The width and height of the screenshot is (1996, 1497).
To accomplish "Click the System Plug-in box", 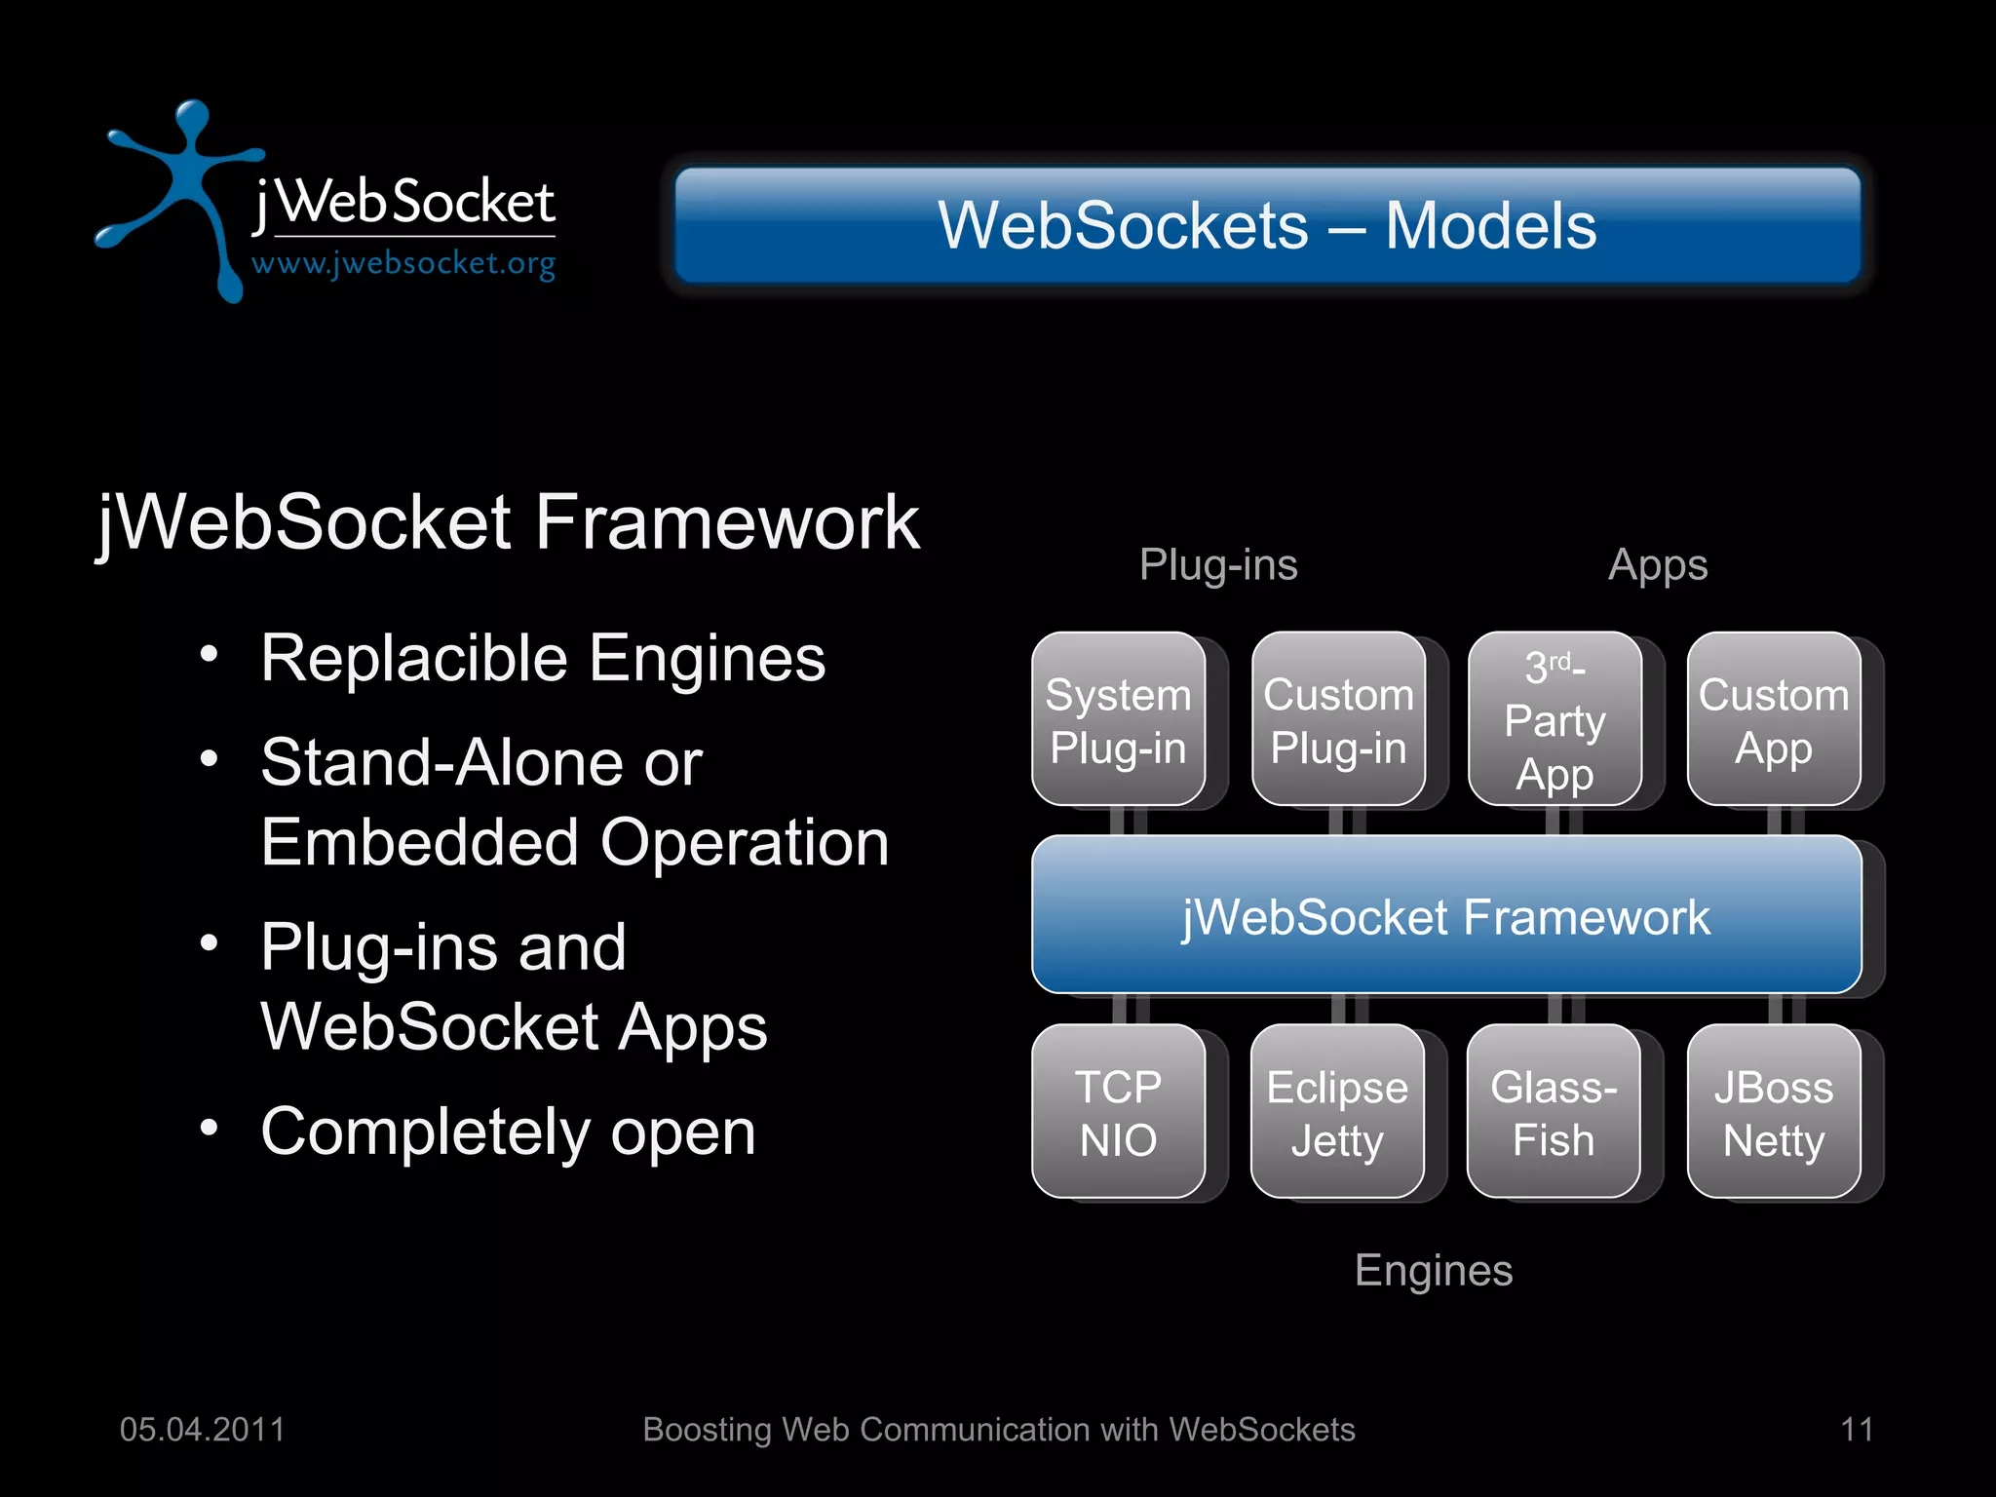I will (x=1118, y=719).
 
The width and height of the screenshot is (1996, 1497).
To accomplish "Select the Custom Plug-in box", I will (x=1338, y=719).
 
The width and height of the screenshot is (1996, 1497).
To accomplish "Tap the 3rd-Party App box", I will (x=1555, y=719).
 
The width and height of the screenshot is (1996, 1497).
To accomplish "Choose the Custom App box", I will (x=1774, y=719).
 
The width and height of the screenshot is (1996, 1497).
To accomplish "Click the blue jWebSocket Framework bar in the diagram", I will (x=1446, y=915).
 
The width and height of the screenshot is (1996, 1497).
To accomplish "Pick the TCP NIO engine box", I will (x=1118, y=1111).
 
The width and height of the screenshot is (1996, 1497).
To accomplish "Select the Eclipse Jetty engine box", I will (x=1337, y=1111).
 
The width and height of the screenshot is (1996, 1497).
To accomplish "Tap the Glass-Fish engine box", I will (x=1554, y=1111).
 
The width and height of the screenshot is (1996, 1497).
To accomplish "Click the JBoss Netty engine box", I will (x=1774, y=1111).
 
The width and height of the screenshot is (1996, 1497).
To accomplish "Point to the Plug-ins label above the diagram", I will (x=1218, y=565).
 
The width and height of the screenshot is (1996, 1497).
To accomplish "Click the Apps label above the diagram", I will (x=1658, y=565).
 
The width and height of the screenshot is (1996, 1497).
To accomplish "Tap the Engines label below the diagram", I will (x=1434, y=1271).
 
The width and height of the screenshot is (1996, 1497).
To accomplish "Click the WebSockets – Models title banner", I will (x=1267, y=225).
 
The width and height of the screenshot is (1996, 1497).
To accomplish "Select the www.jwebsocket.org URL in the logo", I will (x=403, y=263).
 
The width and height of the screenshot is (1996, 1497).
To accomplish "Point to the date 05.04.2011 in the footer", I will (x=202, y=1430).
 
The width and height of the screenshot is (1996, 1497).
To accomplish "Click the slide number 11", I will (x=1857, y=1430).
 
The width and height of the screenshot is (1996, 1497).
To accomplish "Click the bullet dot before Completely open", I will (x=209, y=1128).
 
